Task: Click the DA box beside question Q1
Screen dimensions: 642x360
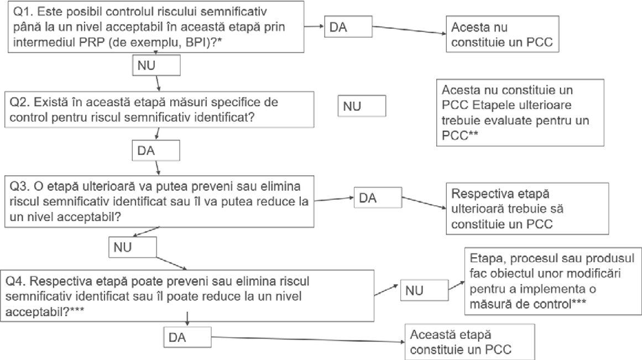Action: coord(348,27)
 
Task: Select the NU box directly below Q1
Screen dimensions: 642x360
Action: coord(156,65)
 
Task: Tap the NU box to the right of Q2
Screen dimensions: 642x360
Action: coord(362,106)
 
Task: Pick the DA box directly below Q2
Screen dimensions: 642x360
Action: coord(155,150)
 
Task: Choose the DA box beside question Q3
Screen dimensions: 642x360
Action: coord(378,198)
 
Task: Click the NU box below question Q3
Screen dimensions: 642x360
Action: coord(132,247)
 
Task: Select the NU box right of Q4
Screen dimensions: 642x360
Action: coord(424,290)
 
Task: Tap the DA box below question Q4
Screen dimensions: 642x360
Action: coord(187,337)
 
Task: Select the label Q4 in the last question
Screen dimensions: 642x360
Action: coord(15,281)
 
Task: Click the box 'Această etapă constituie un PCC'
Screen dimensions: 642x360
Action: coord(469,342)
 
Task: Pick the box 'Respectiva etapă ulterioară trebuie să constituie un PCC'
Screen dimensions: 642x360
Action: coord(528,208)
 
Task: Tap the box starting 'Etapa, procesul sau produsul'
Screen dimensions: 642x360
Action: coord(553,281)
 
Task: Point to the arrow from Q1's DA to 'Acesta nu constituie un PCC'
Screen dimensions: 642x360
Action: coord(409,30)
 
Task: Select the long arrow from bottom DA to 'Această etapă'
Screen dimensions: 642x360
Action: coord(308,340)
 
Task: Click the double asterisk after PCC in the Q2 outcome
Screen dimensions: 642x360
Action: coord(473,133)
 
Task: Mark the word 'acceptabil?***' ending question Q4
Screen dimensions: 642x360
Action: coord(45,312)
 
